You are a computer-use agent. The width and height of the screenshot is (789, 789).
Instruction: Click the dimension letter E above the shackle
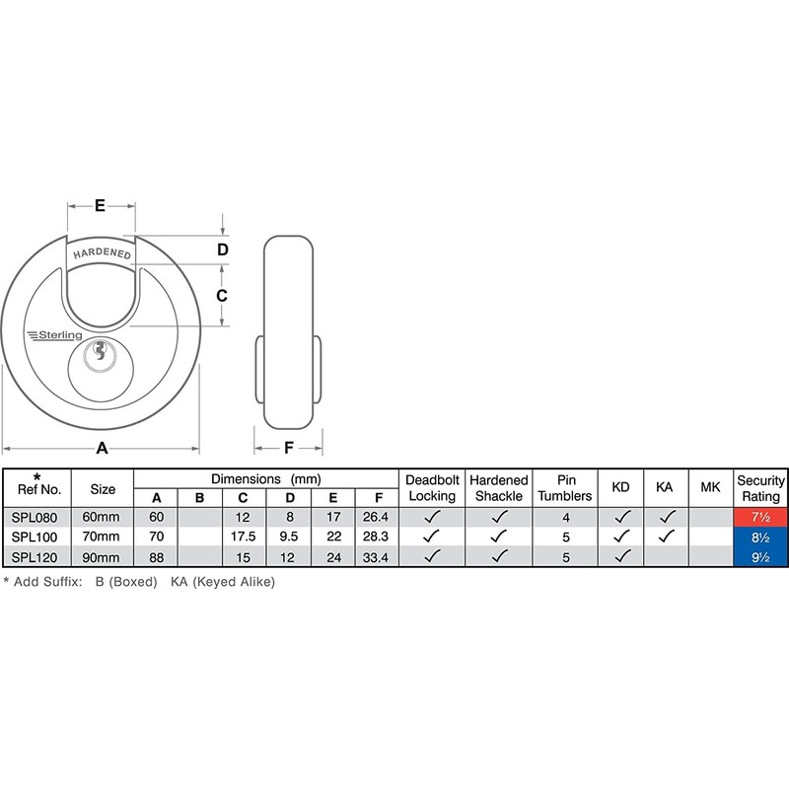coord(100,205)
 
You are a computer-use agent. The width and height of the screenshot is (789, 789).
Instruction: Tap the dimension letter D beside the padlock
coord(223,250)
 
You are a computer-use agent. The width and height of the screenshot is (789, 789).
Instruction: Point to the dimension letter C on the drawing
coord(222,295)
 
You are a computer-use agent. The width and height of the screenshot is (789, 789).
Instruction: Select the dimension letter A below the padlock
coord(103,448)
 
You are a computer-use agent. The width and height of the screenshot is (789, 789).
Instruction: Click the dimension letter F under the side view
coord(289,448)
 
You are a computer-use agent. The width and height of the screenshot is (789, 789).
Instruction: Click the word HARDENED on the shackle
coord(103,253)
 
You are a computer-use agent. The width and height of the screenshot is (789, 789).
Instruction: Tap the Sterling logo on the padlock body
coord(55,335)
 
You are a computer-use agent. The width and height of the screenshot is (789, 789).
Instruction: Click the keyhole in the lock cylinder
coord(100,351)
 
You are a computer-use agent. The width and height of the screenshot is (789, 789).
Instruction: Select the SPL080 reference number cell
coord(35,517)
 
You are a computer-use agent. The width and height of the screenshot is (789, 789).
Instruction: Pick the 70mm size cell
coord(102,537)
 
